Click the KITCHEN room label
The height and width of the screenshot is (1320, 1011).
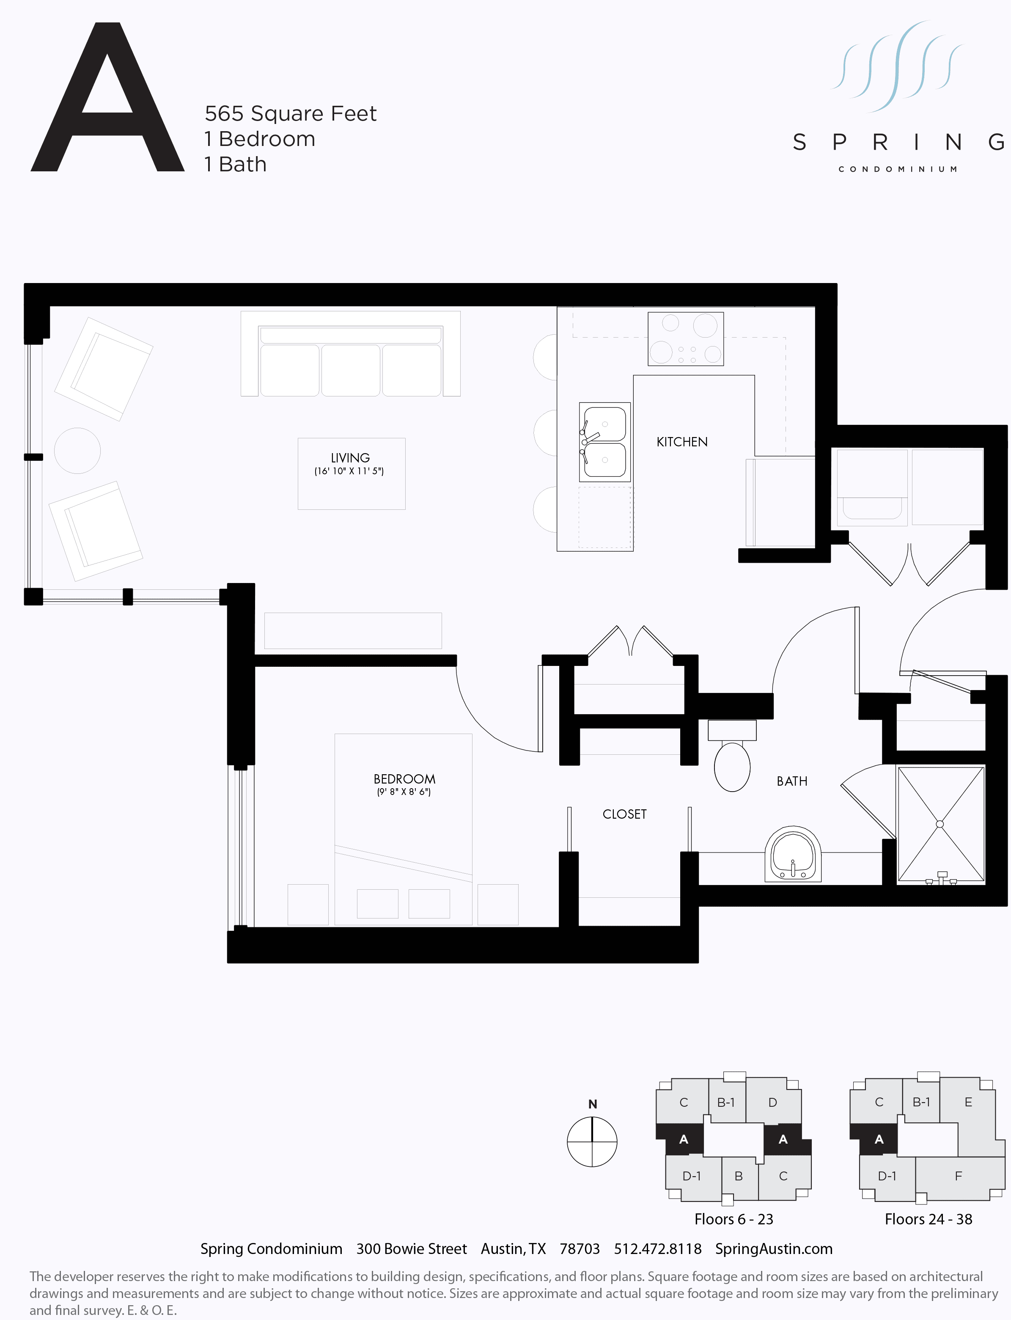(x=682, y=442)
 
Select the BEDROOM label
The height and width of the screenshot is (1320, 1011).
(x=404, y=779)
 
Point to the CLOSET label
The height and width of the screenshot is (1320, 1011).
(x=625, y=814)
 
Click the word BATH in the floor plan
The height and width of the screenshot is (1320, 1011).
(x=792, y=781)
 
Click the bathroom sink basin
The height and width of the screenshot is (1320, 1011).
(x=793, y=853)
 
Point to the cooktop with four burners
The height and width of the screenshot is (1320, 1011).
(x=685, y=339)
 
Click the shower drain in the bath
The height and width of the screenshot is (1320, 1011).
(x=940, y=824)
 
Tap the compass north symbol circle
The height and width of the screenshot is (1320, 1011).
(x=592, y=1142)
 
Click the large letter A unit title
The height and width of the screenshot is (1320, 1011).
(x=107, y=99)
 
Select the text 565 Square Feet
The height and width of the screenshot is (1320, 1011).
(x=290, y=113)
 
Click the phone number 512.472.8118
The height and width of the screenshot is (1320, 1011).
(x=658, y=1248)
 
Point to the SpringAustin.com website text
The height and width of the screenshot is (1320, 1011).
(x=774, y=1248)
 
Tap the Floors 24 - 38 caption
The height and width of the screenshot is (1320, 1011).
(x=928, y=1219)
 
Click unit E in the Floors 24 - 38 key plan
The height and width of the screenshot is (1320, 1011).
(x=968, y=1102)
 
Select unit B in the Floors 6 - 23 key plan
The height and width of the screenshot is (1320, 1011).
(x=739, y=1176)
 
